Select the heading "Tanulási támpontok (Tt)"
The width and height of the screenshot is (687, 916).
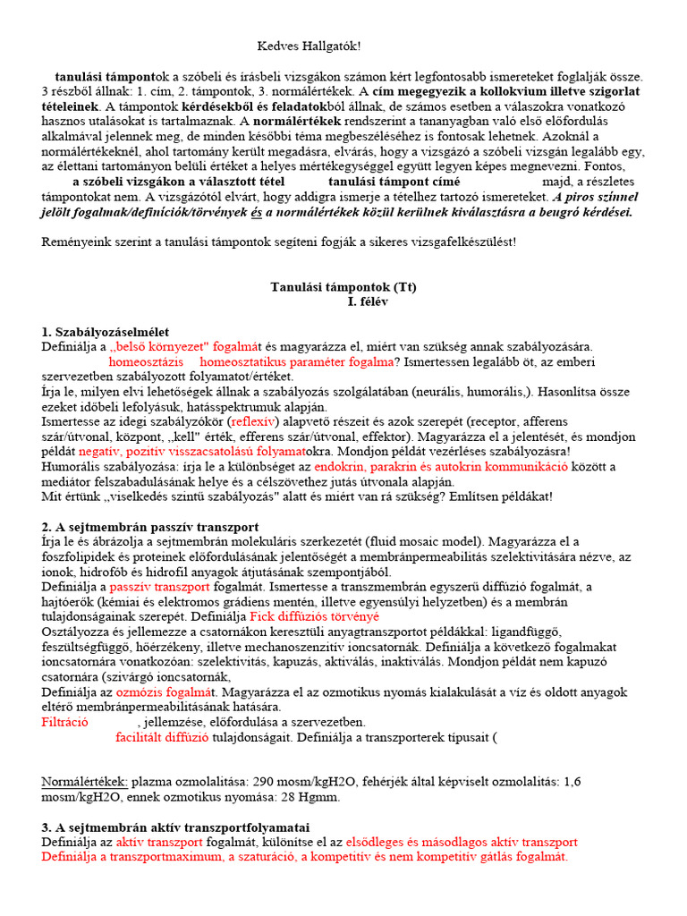(343, 287)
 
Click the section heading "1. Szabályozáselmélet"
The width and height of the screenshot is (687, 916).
(105, 332)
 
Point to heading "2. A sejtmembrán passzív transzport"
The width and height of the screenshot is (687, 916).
(149, 528)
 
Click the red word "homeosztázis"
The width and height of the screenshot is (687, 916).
(146, 362)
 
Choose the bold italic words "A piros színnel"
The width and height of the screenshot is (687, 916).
(598, 197)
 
